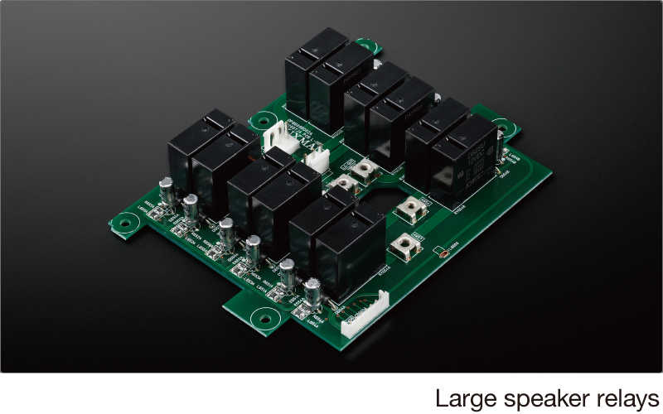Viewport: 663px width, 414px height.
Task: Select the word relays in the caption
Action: (x=621, y=398)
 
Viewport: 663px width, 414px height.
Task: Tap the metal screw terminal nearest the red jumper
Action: (x=406, y=244)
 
